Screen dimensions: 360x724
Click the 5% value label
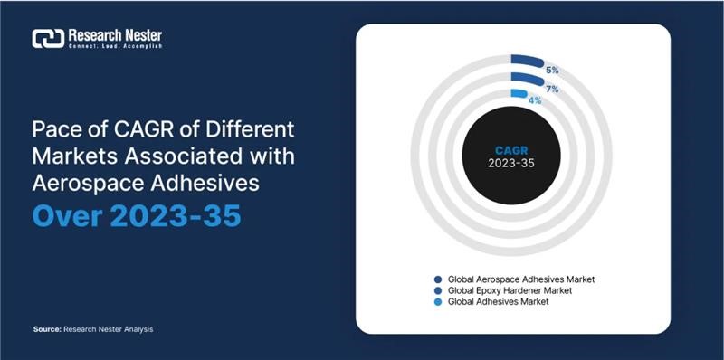click(551, 70)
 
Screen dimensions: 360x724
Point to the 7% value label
click(551, 88)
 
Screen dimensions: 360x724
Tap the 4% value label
click(535, 100)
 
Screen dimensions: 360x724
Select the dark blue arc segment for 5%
click(527, 62)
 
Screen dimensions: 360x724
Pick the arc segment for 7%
click(527, 79)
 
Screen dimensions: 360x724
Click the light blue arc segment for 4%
click(519, 93)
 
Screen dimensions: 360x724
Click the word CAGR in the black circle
click(512, 151)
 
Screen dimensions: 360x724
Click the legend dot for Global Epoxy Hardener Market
click(438, 290)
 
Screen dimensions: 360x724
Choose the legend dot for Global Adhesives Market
click(438, 301)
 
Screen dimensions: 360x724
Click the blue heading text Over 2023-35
click(136, 217)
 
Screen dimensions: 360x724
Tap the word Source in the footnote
click(45, 329)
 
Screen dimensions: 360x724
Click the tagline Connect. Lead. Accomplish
click(115, 46)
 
